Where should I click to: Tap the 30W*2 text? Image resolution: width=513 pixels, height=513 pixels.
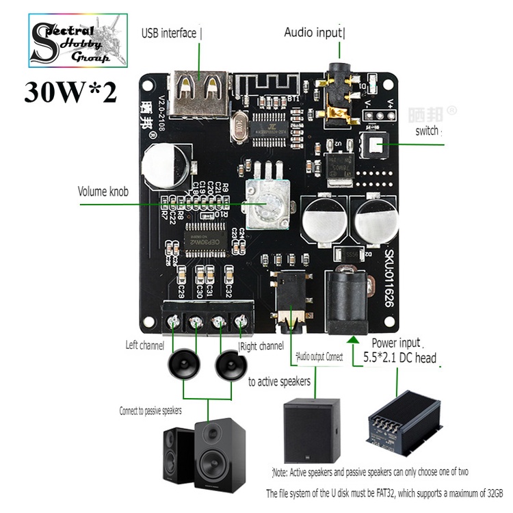[x=70, y=92]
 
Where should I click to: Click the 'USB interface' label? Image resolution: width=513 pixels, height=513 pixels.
[x=169, y=33]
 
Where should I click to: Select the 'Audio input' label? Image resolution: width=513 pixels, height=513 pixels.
[x=314, y=32]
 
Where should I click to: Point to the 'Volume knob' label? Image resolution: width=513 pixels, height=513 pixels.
[x=103, y=192]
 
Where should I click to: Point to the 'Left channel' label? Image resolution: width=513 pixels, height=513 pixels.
[x=145, y=345]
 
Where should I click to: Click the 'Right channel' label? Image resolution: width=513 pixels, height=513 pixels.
[x=262, y=347]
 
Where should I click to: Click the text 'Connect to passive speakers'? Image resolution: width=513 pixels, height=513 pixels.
[x=150, y=410]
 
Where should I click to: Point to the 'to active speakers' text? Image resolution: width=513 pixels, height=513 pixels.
[x=279, y=381]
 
